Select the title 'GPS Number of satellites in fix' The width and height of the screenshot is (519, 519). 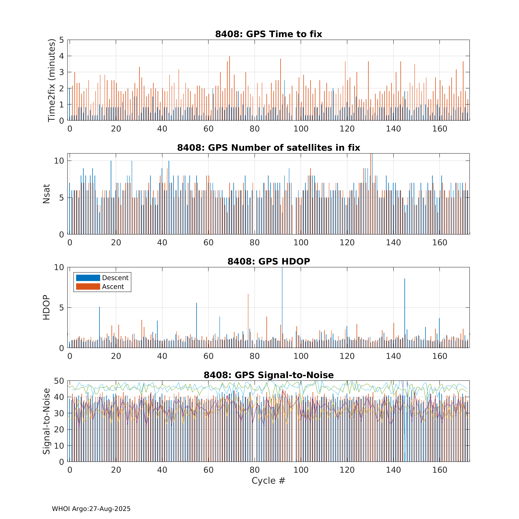pyautogui.click(x=284, y=148)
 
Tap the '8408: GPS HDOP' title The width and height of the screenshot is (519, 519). pyautogui.click(x=269, y=261)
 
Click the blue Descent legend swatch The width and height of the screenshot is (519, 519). pyautogui.click(x=88, y=278)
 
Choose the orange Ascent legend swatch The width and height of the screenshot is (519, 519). pyautogui.click(x=88, y=287)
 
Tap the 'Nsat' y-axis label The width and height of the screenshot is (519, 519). pyautogui.click(x=47, y=194)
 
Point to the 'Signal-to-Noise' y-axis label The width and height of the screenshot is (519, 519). pyautogui.click(x=47, y=421)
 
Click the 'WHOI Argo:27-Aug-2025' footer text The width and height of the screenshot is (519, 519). pyautogui.click(x=91, y=509)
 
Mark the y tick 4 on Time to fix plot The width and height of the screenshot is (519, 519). pyautogui.click(x=62, y=56)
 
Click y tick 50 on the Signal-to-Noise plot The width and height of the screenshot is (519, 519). pyautogui.click(x=59, y=381)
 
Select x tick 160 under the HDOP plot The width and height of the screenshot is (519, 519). pyautogui.click(x=440, y=357)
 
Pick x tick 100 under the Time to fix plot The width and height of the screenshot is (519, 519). pyautogui.click(x=301, y=129)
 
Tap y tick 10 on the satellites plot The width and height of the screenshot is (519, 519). pyautogui.click(x=59, y=161)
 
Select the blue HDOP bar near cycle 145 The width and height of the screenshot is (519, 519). pyautogui.click(x=405, y=313)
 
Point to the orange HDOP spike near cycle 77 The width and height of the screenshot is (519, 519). pyautogui.click(x=248, y=321)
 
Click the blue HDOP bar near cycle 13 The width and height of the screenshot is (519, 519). pyautogui.click(x=99, y=327)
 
